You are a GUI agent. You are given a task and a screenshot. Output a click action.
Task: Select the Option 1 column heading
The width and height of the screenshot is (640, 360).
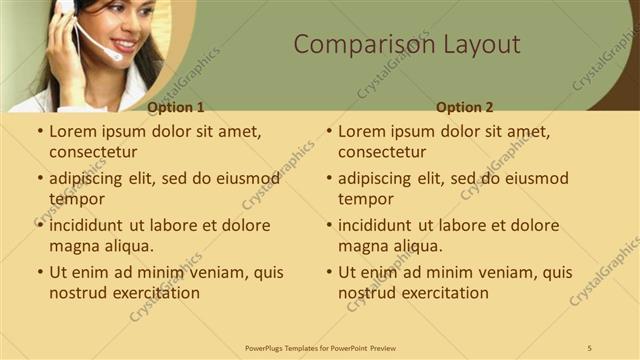175,107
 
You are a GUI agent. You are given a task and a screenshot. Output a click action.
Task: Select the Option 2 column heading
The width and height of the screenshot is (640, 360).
465,107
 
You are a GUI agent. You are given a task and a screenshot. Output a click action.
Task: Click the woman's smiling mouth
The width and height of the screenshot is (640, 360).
125,45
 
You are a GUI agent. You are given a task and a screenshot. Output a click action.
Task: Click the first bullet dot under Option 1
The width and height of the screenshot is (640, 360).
40,131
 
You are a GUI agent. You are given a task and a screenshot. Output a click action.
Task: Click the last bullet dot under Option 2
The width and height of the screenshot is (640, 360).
329,272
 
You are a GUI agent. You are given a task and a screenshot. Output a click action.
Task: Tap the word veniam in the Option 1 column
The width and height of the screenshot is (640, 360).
201,272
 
